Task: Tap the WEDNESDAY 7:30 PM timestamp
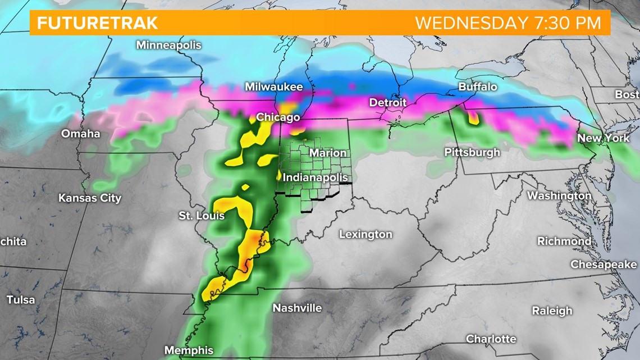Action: pyautogui.click(x=508, y=24)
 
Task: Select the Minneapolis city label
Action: pyautogui.click(x=168, y=45)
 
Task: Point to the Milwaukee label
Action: pyautogui.click(x=273, y=87)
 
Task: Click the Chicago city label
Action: pyautogui.click(x=278, y=117)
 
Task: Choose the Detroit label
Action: pyautogui.click(x=387, y=103)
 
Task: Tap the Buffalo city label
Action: pyautogui.click(x=478, y=86)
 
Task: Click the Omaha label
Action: pyautogui.click(x=81, y=134)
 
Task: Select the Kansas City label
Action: pyautogui.click(x=90, y=198)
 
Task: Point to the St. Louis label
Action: pyautogui.click(x=202, y=216)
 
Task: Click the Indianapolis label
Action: pyautogui.click(x=314, y=177)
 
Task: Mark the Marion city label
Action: pyautogui.click(x=328, y=153)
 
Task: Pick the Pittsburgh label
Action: pyautogui.click(x=472, y=152)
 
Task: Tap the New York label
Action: pyautogui.click(x=604, y=138)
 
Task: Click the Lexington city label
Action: pyautogui.click(x=365, y=235)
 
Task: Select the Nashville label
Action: pyautogui.click(x=297, y=308)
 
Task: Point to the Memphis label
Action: pyautogui.click(x=189, y=350)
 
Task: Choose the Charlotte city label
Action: pyautogui.click(x=491, y=339)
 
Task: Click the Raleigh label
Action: pyautogui.click(x=552, y=311)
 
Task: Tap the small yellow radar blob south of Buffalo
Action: pyautogui.click(x=473, y=118)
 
